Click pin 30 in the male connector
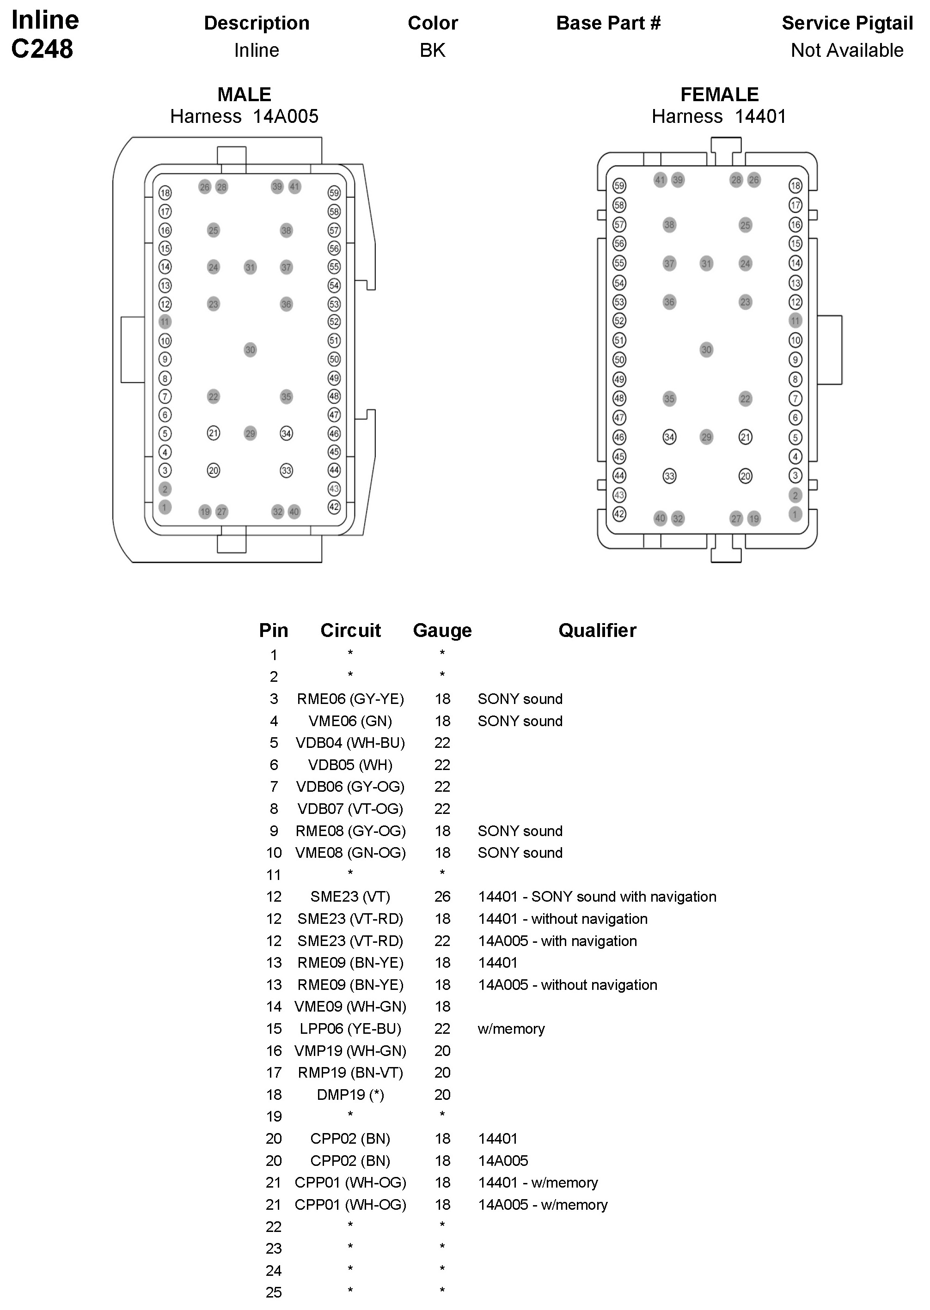pos(250,350)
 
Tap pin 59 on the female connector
pos(619,185)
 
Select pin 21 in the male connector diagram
pos(213,433)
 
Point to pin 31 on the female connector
pos(706,264)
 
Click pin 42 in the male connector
pos(334,507)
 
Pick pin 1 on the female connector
pos(795,514)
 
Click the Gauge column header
pos(442,630)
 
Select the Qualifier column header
pos(597,630)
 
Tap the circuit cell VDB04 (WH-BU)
pos(350,743)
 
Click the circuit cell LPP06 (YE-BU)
pos(350,1028)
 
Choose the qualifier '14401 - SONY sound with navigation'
pos(597,897)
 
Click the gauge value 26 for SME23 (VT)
pos(442,897)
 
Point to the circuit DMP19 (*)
pos(350,1094)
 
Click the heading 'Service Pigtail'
pos(847,23)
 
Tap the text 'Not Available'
pos(847,50)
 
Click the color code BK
pos(432,50)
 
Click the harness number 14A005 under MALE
pos(285,117)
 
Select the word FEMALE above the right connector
pos(719,94)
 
